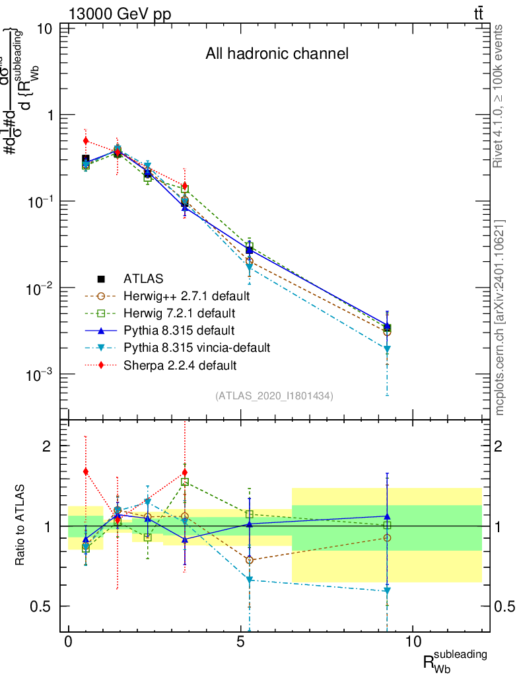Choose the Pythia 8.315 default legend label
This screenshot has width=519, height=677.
click(x=170, y=330)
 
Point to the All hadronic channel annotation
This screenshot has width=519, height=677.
click(x=277, y=54)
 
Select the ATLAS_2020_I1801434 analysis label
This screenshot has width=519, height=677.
click(x=274, y=396)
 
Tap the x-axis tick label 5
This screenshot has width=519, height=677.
click(x=241, y=641)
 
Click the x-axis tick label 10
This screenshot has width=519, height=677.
click(x=412, y=641)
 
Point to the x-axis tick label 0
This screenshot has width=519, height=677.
click(x=69, y=641)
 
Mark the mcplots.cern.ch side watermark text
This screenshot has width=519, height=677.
click(x=500, y=317)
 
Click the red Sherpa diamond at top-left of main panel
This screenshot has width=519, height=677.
click(x=86, y=141)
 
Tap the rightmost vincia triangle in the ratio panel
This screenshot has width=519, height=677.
click(x=387, y=590)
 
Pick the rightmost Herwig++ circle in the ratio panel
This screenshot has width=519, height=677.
click(x=387, y=538)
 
